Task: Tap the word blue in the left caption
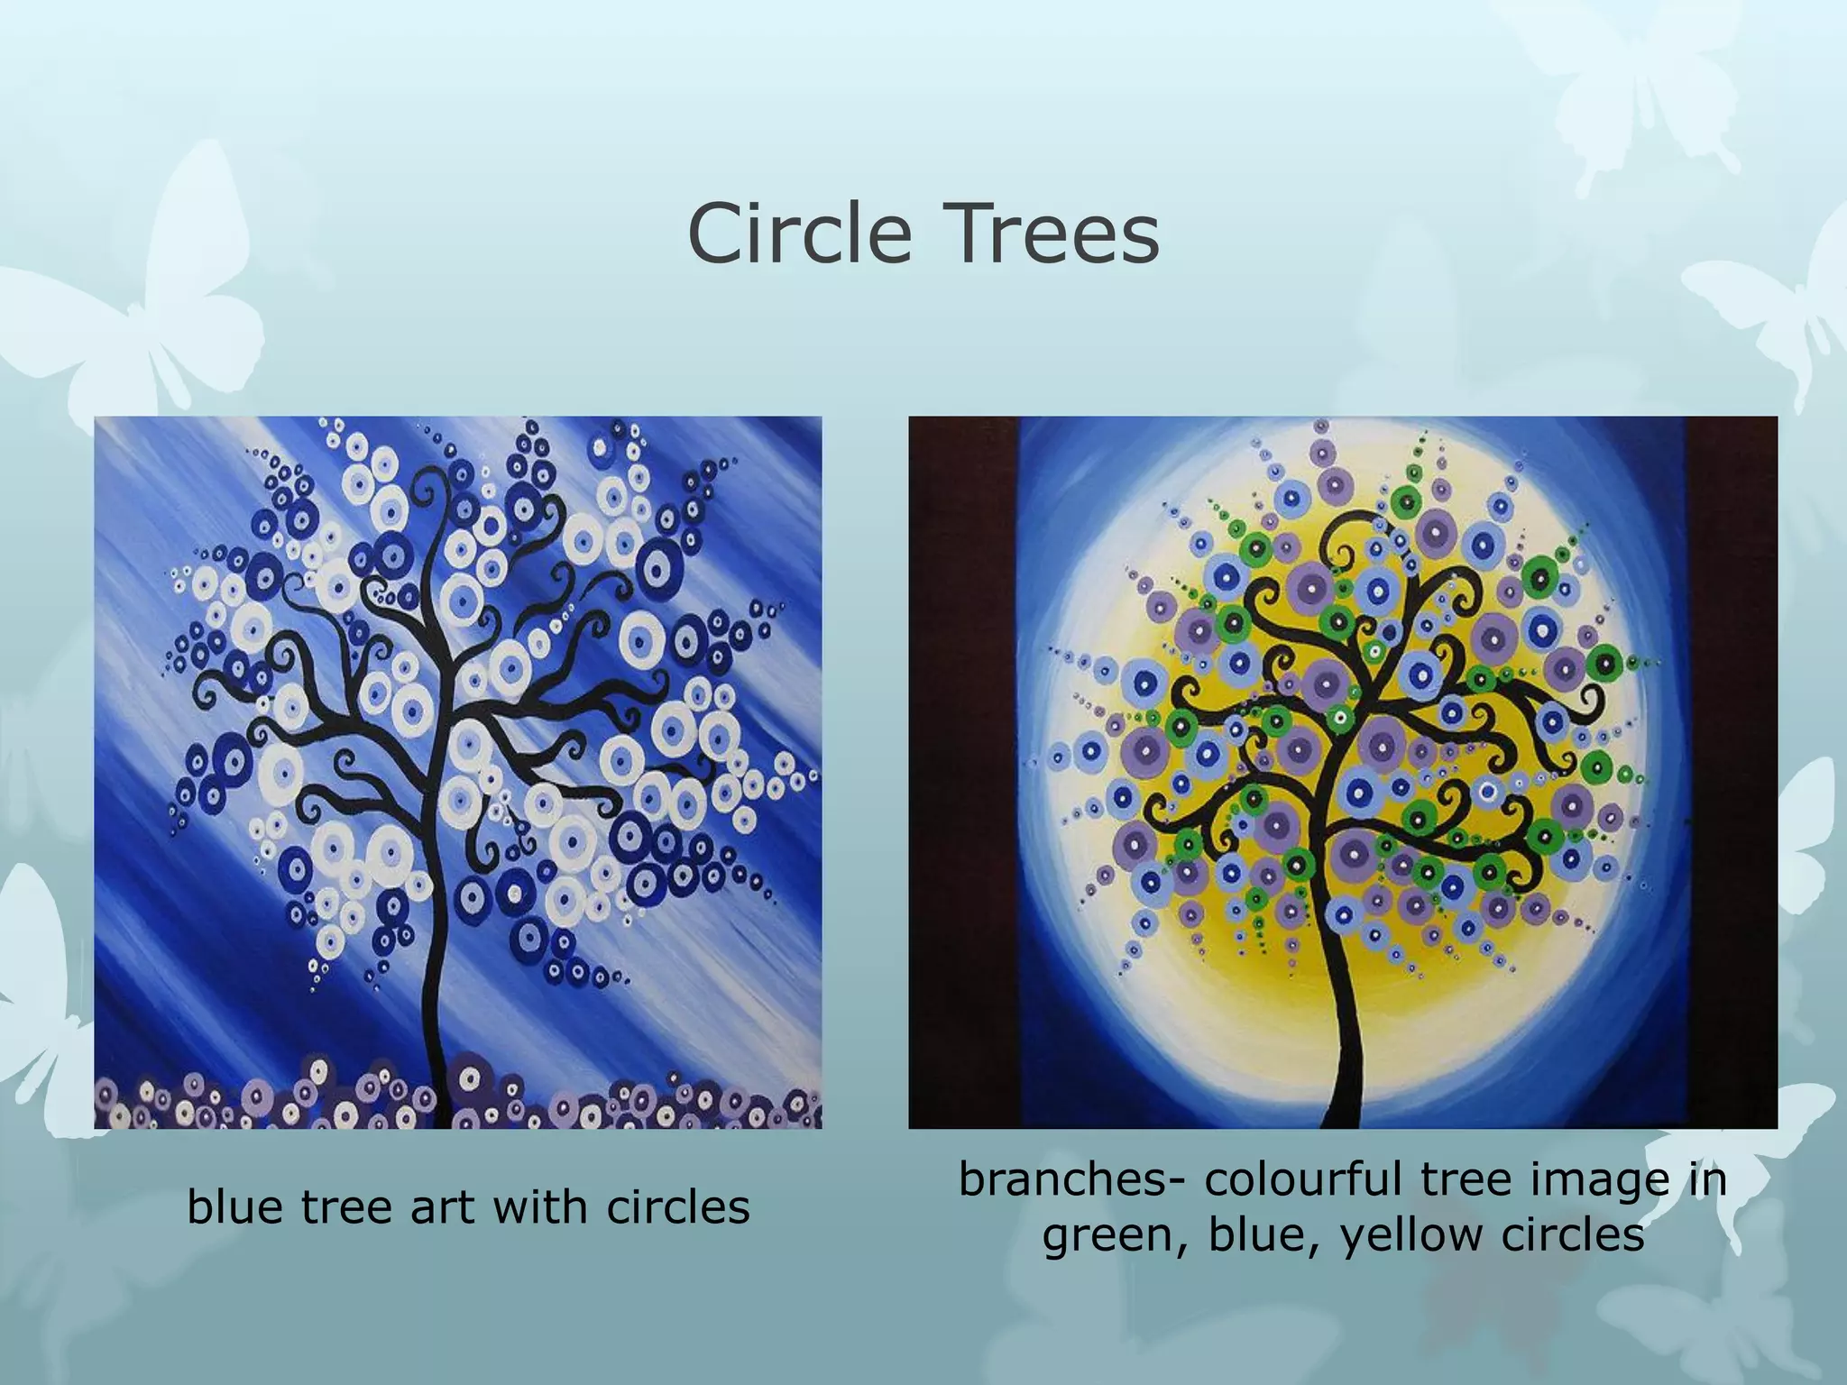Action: [237, 1206]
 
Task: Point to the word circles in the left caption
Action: [677, 1206]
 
